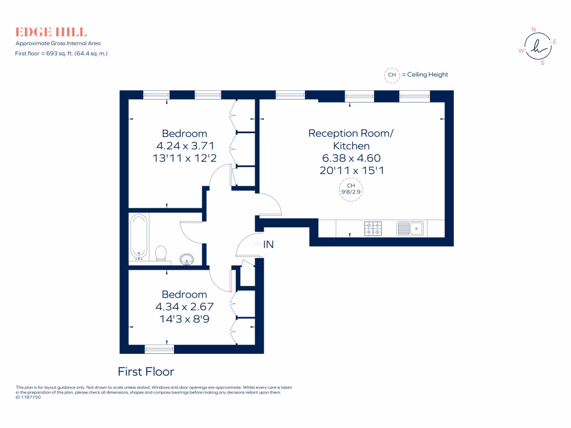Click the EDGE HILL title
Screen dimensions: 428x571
click(x=51, y=32)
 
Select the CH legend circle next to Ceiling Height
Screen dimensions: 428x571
click(x=392, y=75)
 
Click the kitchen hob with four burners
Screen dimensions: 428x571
click(x=373, y=228)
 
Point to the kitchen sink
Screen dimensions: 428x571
click(x=410, y=228)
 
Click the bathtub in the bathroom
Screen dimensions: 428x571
click(x=138, y=236)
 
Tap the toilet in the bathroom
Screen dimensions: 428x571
click(x=161, y=253)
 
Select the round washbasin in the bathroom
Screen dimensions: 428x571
click(x=187, y=259)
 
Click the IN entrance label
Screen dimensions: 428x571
click(x=269, y=244)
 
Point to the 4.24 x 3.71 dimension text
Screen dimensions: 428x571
click(x=184, y=146)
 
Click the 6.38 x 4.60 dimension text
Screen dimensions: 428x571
click(x=351, y=158)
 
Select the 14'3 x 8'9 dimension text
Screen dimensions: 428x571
click(x=184, y=319)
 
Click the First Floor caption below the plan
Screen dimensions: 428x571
click(x=146, y=372)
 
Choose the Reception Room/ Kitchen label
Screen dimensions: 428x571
click(x=351, y=139)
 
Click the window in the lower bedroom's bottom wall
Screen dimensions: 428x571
click(x=159, y=349)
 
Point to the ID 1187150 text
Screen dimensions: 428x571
click(x=28, y=397)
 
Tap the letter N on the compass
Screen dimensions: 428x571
click(x=533, y=29)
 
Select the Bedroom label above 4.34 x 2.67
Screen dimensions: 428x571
click(x=184, y=294)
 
